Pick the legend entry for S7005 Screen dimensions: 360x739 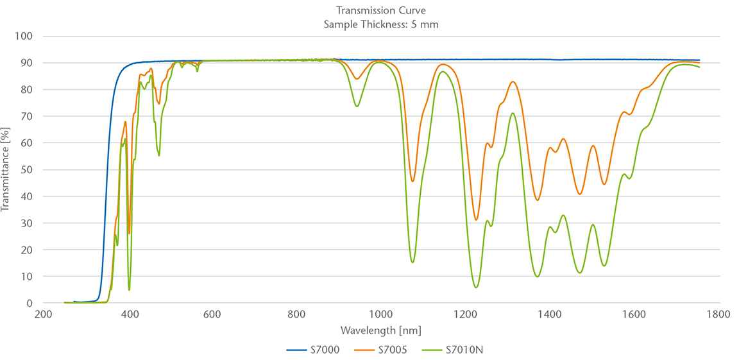[383, 350]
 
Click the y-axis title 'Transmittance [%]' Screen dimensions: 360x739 [6, 169]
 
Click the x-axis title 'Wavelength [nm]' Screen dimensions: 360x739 [380, 330]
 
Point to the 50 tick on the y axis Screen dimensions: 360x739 [26, 169]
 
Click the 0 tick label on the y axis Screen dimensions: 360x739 [29, 303]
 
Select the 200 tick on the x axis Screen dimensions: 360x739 [44, 314]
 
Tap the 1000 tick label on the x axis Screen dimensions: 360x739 [380, 314]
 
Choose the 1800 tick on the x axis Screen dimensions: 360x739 [717, 314]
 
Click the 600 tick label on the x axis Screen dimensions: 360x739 [212, 314]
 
